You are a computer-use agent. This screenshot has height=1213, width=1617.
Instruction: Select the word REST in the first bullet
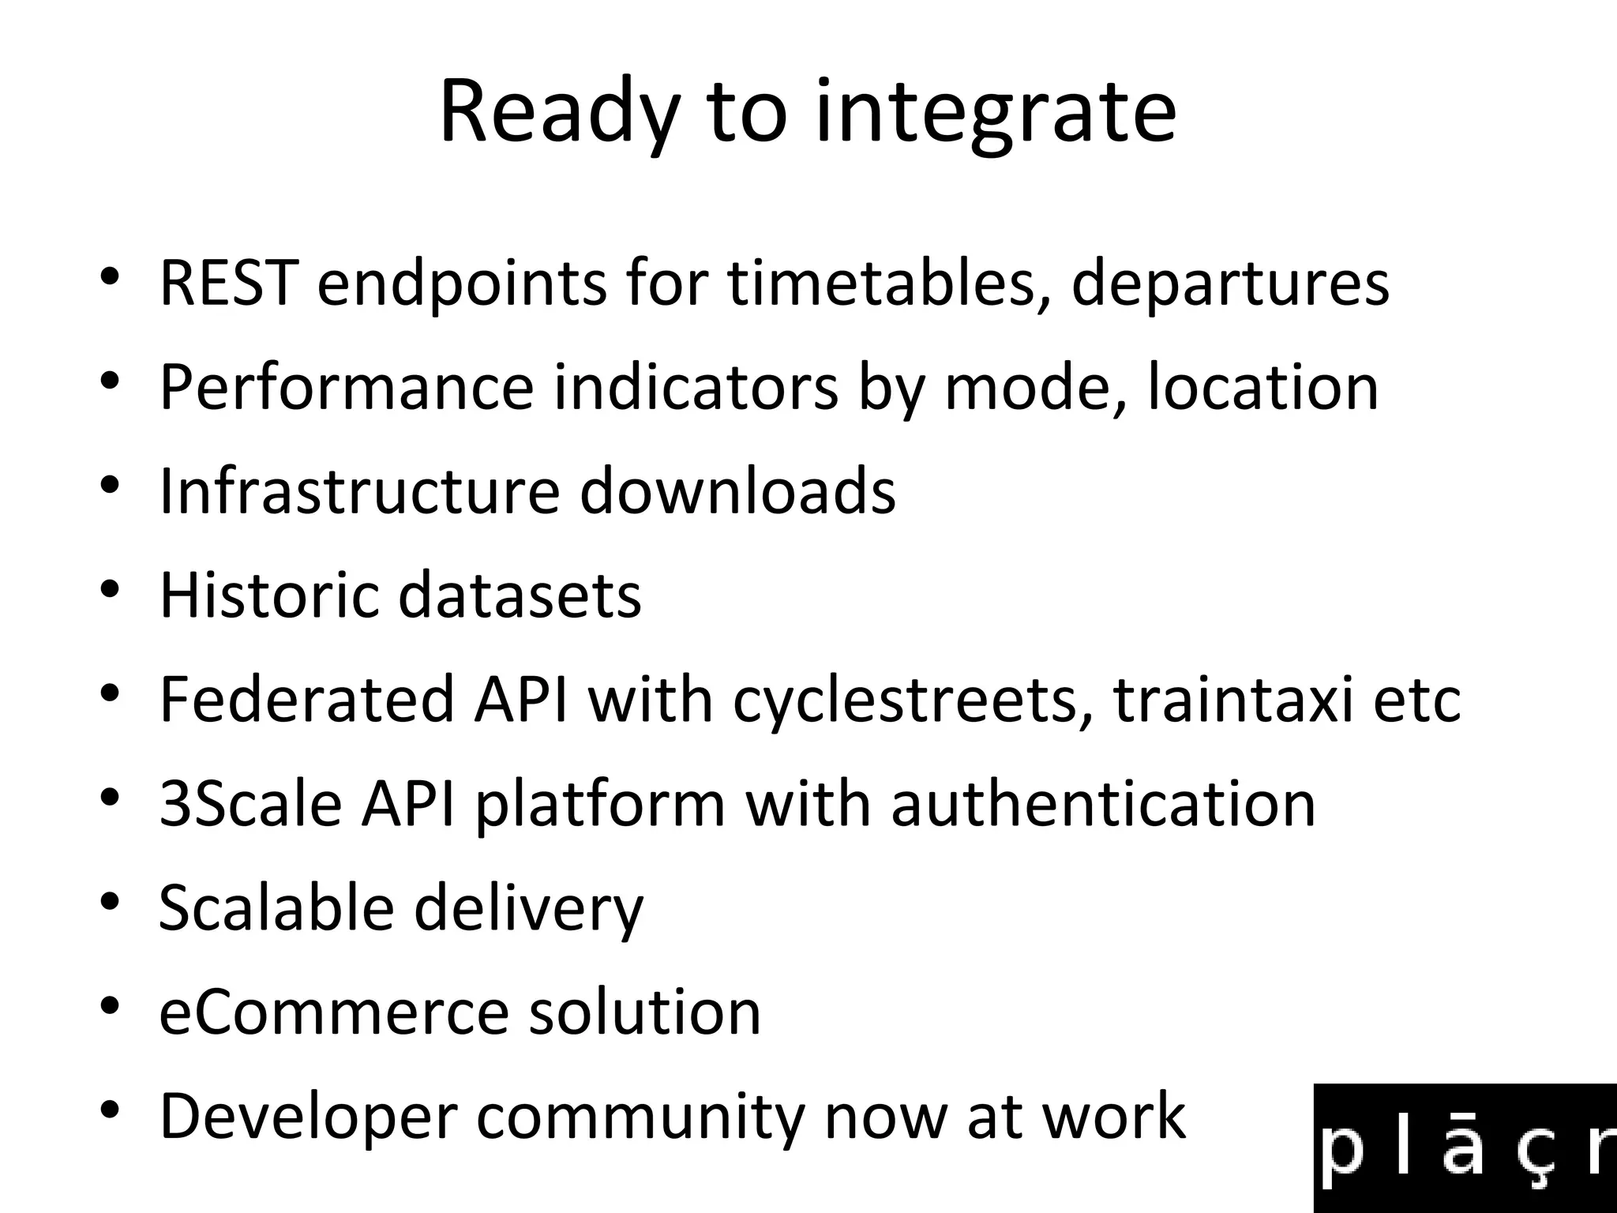pos(229,283)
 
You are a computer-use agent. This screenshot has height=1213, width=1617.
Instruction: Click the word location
pos(1262,387)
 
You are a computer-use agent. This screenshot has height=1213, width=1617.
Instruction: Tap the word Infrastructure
pos(359,490)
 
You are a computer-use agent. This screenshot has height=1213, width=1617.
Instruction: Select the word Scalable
pos(276,907)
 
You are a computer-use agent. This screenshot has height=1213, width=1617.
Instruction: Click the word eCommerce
pos(334,1012)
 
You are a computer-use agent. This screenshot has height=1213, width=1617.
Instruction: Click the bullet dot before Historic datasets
pos(110,588)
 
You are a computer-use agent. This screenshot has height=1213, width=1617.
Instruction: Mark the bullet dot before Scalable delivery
pos(110,901)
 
